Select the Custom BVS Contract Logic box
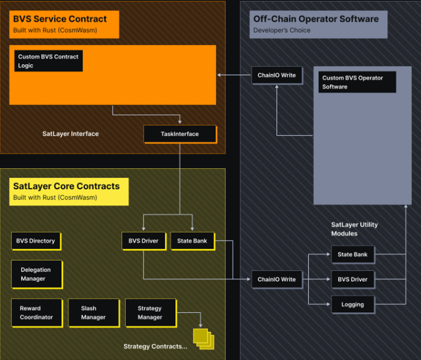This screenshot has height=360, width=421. point(48,61)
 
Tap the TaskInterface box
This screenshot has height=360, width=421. point(180,134)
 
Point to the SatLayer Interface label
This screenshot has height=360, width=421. point(70,134)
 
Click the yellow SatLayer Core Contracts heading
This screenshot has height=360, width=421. point(70,191)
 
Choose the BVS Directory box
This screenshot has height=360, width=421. point(36,241)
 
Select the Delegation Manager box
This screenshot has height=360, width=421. point(36,274)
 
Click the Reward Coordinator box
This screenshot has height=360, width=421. point(36,313)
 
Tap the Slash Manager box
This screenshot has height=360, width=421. point(93,313)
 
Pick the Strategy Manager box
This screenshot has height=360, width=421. point(150,313)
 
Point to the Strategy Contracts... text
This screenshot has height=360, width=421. point(155,347)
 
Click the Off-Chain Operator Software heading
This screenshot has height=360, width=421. point(316,19)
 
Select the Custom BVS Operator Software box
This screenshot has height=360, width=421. point(357,82)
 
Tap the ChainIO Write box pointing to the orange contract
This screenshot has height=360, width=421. point(276,75)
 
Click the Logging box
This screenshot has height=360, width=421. point(352,305)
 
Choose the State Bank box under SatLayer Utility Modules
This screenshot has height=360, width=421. point(352,254)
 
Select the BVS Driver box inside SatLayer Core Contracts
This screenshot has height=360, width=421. point(144,241)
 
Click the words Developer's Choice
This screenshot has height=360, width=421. point(281,30)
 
